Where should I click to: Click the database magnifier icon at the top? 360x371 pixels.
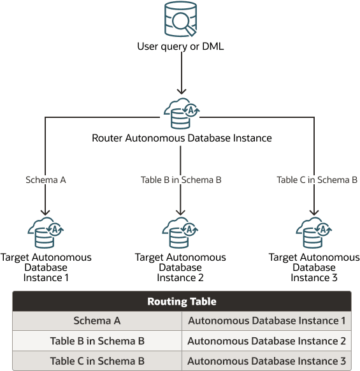[180, 21]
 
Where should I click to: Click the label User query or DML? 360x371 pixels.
[180, 47]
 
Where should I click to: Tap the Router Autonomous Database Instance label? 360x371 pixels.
[182, 138]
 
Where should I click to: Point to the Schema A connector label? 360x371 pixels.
[46, 180]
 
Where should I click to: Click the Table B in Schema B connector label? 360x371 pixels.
[181, 180]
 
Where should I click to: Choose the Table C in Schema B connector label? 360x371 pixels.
[317, 180]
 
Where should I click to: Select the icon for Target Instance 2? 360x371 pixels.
[181, 234]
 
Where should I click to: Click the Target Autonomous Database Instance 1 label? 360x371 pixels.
[46, 268]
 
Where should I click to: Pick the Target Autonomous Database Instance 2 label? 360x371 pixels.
[180, 268]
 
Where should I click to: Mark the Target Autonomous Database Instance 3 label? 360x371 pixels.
[314, 268]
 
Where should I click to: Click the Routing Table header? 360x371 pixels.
[182, 302]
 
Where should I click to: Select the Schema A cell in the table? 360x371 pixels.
[97, 321]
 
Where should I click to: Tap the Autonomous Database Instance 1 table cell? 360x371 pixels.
[266, 321]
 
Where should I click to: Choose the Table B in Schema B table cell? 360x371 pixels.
[97, 341]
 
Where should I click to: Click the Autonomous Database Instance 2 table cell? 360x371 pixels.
[266, 341]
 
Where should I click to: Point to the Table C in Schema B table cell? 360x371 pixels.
[97, 361]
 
